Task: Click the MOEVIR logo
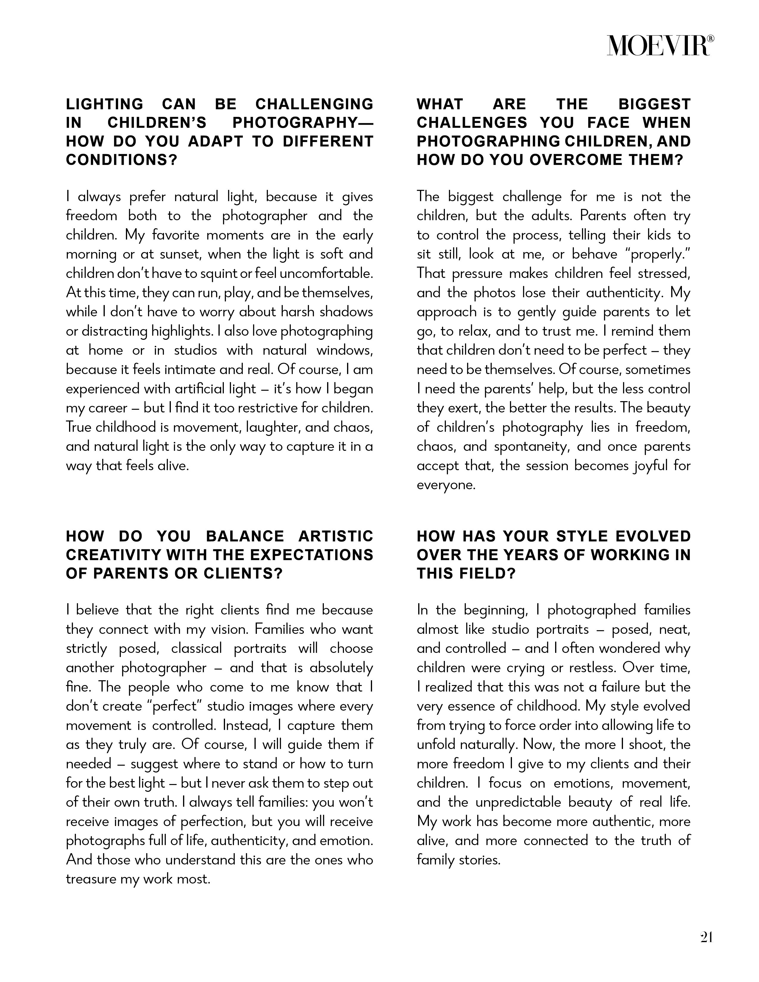click(660, 46)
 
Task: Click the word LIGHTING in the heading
click(104, 104)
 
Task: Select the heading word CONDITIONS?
click(122, 160)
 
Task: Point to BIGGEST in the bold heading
click(654, 104)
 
